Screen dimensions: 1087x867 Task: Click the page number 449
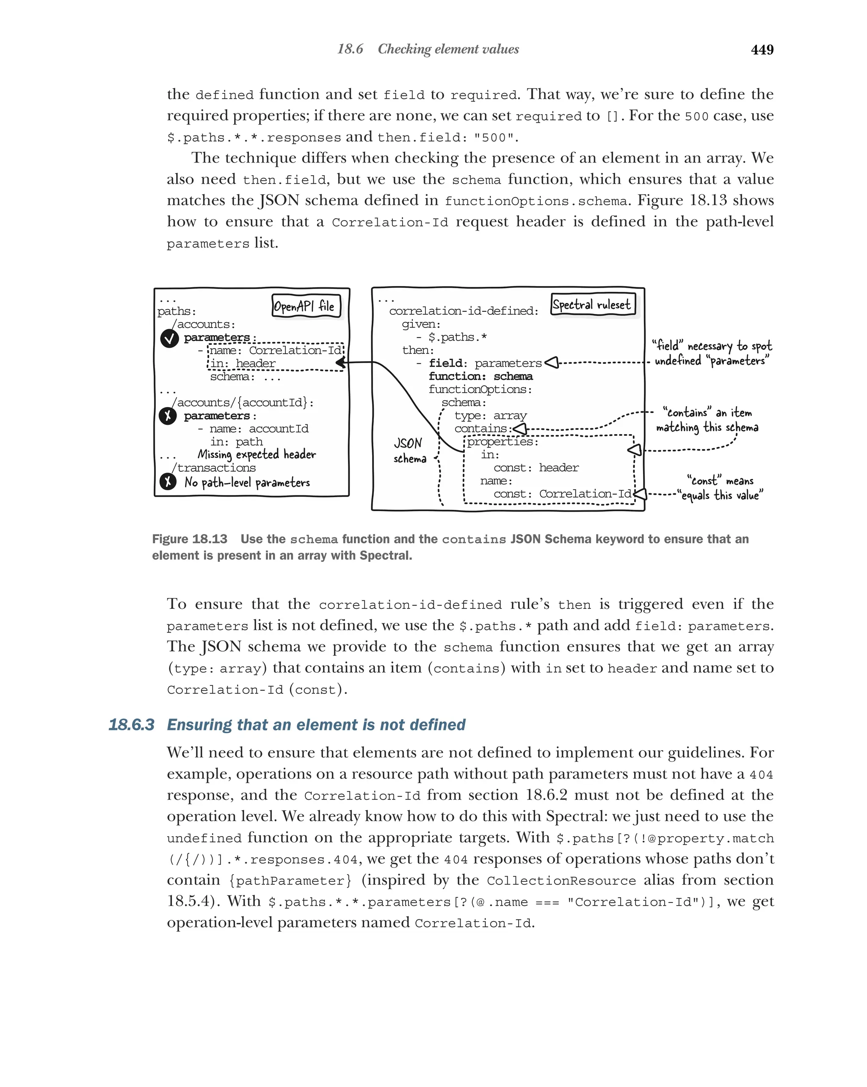762,50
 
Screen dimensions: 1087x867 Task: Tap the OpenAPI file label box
306,306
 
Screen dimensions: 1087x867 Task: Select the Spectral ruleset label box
592,304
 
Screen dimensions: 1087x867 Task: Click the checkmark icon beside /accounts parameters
169,338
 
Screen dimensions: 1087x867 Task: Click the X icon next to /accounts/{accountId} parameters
168,416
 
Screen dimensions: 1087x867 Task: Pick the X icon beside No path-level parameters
168,482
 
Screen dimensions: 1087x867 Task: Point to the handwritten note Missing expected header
256,454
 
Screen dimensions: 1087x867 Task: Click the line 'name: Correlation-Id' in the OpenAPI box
275,350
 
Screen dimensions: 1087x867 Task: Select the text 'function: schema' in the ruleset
480,376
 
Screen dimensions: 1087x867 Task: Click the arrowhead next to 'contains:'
520,429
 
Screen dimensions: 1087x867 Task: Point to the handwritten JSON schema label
409,450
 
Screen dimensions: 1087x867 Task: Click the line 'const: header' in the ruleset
536,468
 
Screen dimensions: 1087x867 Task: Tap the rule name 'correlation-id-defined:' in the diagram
464,311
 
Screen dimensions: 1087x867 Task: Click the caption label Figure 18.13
190,539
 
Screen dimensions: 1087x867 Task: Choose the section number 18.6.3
131,724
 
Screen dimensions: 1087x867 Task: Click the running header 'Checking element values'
448,50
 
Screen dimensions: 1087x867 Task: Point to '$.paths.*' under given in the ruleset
457,337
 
